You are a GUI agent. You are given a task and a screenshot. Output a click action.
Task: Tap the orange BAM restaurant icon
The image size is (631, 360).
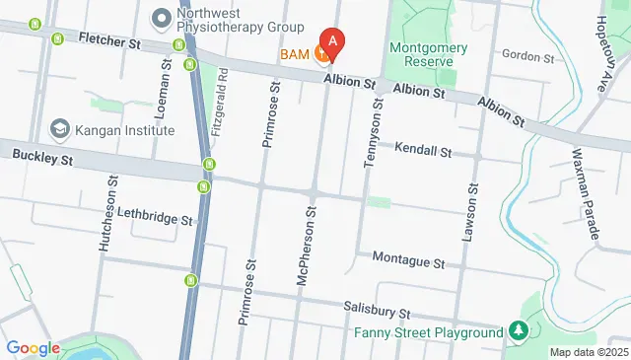coord(321,55)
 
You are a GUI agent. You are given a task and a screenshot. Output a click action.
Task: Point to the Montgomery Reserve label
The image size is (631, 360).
coord(421,54)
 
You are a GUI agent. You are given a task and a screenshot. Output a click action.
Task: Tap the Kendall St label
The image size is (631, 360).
coord(422,152)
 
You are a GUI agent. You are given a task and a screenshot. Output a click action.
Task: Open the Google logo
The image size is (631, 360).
coord(33,348)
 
